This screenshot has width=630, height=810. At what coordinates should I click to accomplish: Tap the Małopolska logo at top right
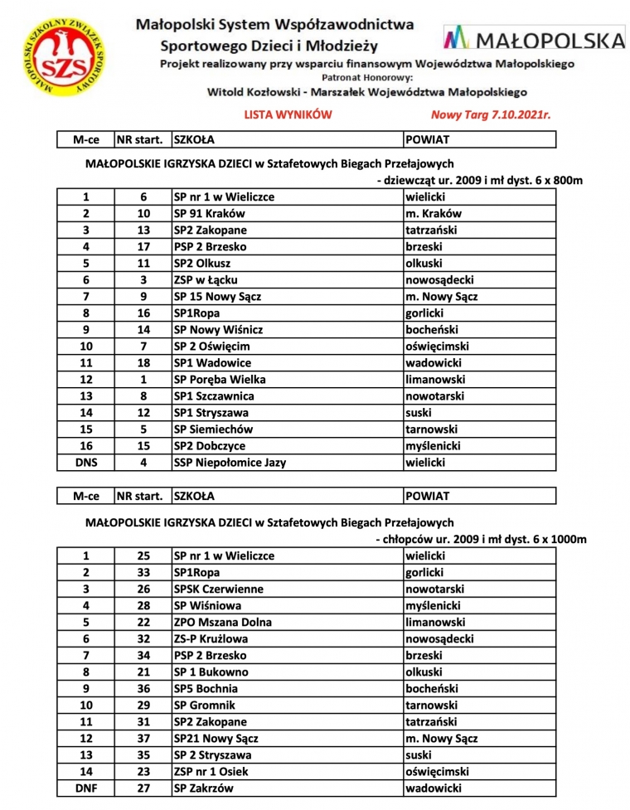[x=534, y=38]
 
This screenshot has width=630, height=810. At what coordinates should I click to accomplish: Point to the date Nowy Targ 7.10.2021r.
[x=491, y=115]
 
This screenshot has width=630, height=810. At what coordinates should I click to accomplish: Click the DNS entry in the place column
[x=86, y=462]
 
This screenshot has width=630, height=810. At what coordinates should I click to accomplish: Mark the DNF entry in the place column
[x=86, y=788]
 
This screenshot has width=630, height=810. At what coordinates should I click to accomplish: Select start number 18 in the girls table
[x=143, y=362]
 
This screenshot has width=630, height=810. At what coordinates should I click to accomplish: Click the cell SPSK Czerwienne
[x=218, y=589]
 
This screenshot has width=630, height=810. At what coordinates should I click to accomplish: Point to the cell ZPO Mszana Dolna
[x=222, y=622]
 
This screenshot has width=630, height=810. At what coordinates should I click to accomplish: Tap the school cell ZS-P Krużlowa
[x=211, y=638]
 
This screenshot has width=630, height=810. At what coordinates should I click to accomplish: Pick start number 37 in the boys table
[x=143, y=738]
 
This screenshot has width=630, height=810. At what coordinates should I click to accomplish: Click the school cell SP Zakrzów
[x=203, y=788]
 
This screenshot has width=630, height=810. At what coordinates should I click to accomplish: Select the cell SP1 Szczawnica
[x=213, y=395]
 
